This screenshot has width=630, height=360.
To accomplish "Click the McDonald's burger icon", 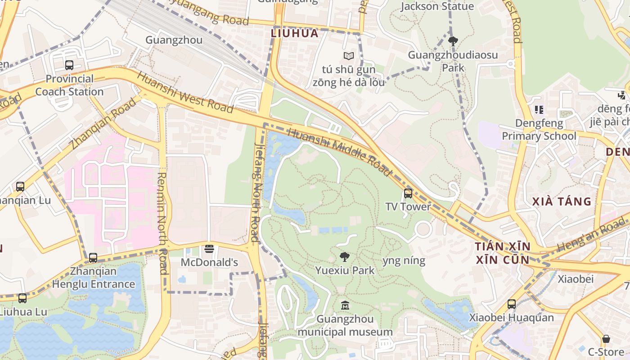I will pyautogui.click(x=209, y=249).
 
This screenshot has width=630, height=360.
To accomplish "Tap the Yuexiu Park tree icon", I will pyautogui.click(x=345, y=257).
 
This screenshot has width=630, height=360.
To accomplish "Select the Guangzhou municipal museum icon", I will pyautogui.click(x=345, y=306).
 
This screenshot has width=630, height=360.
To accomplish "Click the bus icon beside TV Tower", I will pyautogui.click(x=408, y=193).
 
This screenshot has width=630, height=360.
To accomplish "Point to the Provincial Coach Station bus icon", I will pyautogui.click(x=69, y=65).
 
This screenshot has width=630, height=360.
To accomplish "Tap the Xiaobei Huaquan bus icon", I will pyautogui.click(x=511, y=304).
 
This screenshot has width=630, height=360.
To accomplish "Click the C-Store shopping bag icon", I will pyautogui.click(x=606, y=339).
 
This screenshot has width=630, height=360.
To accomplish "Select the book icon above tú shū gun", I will pyautogui.click(x=348, y=56).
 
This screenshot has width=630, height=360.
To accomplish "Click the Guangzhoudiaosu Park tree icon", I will pyautogui.click(x=453, y=41).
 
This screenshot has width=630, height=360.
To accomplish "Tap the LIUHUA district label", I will pyautogui.click(x=295, y=33).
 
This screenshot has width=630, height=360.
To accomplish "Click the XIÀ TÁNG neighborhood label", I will pyautogui.click(x=562, y=201).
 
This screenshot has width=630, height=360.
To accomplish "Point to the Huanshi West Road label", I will pyautogui.click(x=185, y=93).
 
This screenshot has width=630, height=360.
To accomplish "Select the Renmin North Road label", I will pyautogui.click(x=162, y=223).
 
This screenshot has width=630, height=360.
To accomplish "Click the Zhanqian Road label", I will pyautogui.click(x=103, y=124).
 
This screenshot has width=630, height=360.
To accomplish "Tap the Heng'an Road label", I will pyautogui.click(x=590, y=234).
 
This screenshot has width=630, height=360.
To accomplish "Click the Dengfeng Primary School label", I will pyautogui.click(x=539, y=130).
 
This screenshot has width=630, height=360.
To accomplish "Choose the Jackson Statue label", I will pyautogui.click(x=437, y=6).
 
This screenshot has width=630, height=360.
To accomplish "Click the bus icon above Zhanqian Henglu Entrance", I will pyautogui.click(x=93, y=258).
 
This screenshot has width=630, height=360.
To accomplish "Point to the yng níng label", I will pyautogui.click(x=404, y=261).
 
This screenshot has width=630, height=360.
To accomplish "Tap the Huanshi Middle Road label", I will pyautogui.click(x=340, y=152).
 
